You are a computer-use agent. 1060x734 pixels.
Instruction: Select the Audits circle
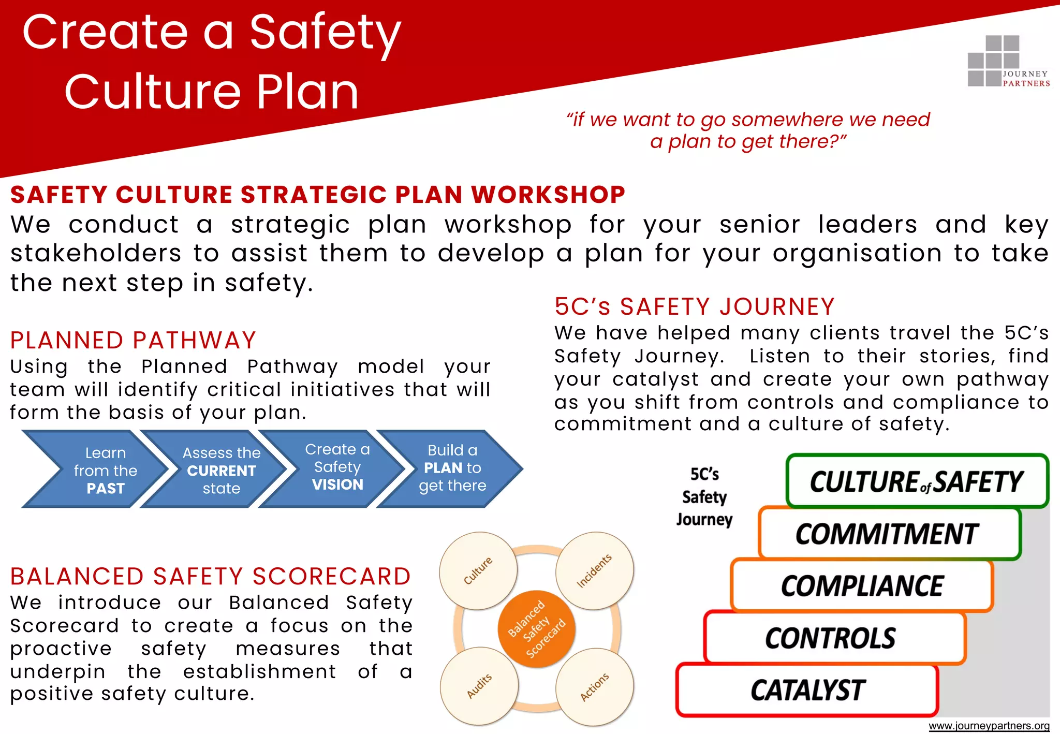pyautogui.click(x=479, y=686)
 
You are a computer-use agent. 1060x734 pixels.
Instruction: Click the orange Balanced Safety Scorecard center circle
pyautogui.click(x=536, y=629)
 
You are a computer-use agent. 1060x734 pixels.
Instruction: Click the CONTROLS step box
pyautogui.click(x=833, y=638)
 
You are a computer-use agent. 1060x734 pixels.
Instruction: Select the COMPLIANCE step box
pyautogui.click(x=862, y=586)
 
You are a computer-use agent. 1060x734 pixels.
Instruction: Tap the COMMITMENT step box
pyautogui.click(x=888, y=534)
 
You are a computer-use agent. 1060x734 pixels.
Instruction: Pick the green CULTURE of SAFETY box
pyautogui.click(x=916, y=481)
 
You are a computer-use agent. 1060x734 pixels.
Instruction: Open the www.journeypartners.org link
pyautogui.click(x=989, y=726)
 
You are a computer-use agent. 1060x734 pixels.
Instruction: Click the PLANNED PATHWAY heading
pyautogui.click(x=133, y=340)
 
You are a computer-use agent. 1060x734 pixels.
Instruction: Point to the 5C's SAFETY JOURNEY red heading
pyautogui.click(x=694, y=306)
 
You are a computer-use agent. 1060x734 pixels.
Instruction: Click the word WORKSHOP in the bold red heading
pyautogui.click(x=548, y=195)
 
